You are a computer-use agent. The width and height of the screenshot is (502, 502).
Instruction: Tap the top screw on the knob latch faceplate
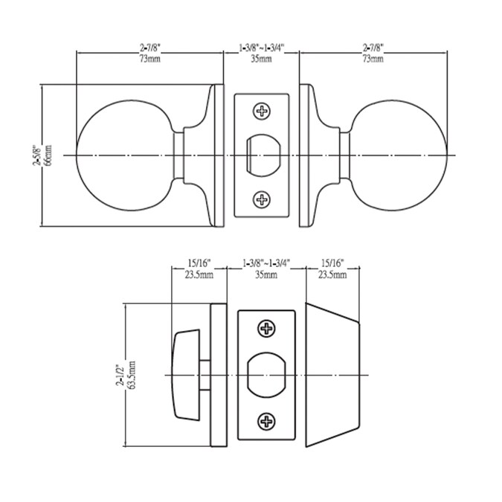[262, 112]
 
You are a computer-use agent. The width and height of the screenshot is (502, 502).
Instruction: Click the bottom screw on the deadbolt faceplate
[266, 422]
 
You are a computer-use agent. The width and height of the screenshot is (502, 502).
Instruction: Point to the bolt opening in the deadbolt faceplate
[266, 376]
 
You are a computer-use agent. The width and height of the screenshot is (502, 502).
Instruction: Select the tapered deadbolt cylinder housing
[331, 376]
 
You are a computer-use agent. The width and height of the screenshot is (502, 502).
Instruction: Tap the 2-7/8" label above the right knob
[372, 48]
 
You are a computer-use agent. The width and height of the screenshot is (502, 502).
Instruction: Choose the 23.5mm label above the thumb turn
[199, 274]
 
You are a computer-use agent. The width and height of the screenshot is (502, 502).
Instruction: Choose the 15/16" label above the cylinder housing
[331, 263]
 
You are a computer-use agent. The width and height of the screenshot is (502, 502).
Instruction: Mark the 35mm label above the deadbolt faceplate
[266, 274]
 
